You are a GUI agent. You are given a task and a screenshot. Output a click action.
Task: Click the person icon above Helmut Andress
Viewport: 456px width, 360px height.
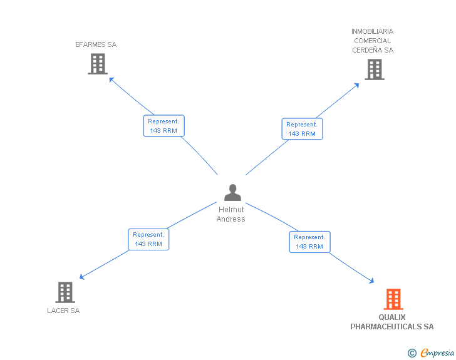pyautogui.click(x=232, y=192)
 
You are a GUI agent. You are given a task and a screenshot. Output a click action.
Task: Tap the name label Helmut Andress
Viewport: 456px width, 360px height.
pyautogui.click(x=231, y=214)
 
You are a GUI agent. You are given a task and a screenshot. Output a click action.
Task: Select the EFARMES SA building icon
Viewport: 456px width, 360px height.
pyautogui.click(x=98, y=64)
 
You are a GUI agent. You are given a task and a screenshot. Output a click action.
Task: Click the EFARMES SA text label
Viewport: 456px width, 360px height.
pyautogui.click(x=96, y=44)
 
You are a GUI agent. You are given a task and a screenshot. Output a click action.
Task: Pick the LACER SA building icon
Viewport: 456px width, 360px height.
pyautogui.click(x=65, y=292)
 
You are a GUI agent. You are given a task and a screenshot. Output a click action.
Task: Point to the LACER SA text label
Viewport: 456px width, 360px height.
pyautogui.click(x=63, y=311)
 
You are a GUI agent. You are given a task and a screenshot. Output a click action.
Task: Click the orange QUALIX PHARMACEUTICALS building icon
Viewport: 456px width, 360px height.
pyautogui.click(x=393, y=299)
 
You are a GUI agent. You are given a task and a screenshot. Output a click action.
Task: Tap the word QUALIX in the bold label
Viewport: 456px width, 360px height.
pyautogui.click(x=392, y=317)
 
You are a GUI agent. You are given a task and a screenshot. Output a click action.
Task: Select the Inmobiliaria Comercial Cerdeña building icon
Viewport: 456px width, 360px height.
pyautogui.click(x=375, y=69)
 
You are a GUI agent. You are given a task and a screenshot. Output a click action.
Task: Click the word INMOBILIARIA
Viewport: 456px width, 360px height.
pyautogui.click(x=373, y=31)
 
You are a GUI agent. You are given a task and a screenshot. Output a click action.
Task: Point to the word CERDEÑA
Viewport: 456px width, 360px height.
pyautogui.click(x=367, y=50)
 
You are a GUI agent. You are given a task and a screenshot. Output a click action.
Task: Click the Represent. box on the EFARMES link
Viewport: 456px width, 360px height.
pyautogui.click(x=163, y=126)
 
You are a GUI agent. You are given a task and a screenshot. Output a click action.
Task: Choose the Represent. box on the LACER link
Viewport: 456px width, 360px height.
pyautogui.click(x=148, y=239)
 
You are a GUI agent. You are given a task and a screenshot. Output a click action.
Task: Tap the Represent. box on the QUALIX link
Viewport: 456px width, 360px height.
pyautogui.click(x=309, y=242)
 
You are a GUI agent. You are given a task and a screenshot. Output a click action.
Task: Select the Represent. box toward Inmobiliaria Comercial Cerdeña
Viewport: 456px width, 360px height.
pyautogui.click(x=302, y=129)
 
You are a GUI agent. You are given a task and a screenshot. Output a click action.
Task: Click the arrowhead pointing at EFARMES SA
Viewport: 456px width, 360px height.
pyautogui.click(x=111, y=79)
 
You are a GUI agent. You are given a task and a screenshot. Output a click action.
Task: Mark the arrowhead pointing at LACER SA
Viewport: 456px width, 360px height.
pyautogui.click(x=81, y=277)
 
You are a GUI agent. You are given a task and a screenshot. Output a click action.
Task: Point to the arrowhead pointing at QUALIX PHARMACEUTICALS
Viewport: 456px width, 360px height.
pyautogui.click(x=371, y=281)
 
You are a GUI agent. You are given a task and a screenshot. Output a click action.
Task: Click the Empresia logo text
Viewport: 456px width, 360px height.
pyautogui.click(x=437, y=352)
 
